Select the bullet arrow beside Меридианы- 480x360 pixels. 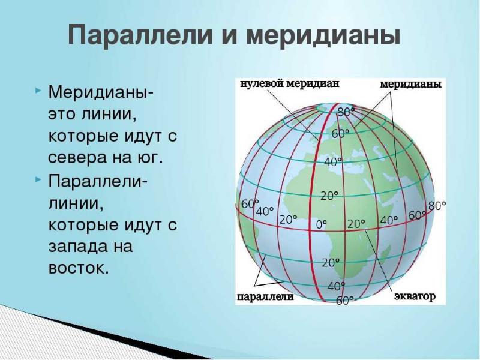click(x=37, y=91)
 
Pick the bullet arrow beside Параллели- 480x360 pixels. click(x=37, y=179)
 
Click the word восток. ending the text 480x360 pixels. click(x=79, y=268)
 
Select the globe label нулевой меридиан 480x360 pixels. click(x=289, y=83)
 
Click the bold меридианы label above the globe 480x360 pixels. click(x=411, y=84)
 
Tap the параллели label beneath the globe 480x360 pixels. click(x=265, y=296)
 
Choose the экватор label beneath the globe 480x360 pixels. click(x=415, y=296)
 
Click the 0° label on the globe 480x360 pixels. click(x=321, y=224)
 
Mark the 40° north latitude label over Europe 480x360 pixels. click(x=333, y=161)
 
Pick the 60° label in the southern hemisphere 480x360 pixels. click(x=345, y=301)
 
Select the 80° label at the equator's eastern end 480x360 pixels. click(x=437, y=206)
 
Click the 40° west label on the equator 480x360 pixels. click(x=265, y=211)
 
